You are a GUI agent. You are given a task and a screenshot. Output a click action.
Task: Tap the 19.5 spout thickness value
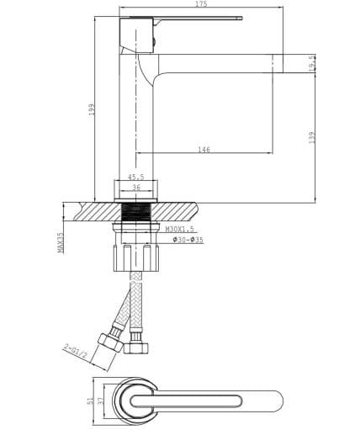pyautogui.click(x=313, y=62)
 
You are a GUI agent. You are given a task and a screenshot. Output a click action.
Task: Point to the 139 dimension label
pyautogui.click(x=312, y=135)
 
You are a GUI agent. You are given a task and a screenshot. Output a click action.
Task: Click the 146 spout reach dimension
pyautogui.click(x=204, y=150)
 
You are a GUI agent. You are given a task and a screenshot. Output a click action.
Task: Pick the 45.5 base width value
pyautogui.click(x=135, y=177)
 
